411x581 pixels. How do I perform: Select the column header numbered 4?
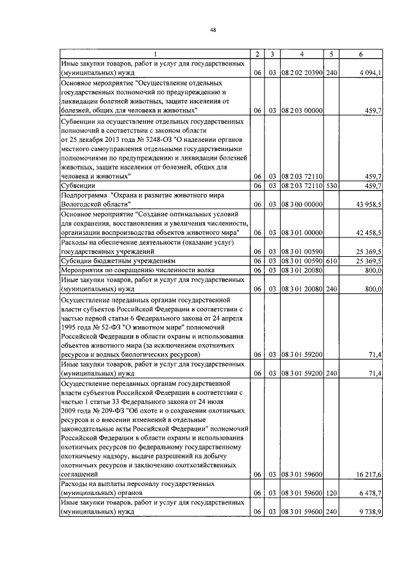301,54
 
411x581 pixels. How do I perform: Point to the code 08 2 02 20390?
301,74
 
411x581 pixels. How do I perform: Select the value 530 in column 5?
331,186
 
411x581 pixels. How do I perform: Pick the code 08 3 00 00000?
301,204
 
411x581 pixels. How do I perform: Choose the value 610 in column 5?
331,261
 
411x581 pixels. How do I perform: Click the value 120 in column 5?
331,492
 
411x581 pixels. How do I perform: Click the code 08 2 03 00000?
301,110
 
